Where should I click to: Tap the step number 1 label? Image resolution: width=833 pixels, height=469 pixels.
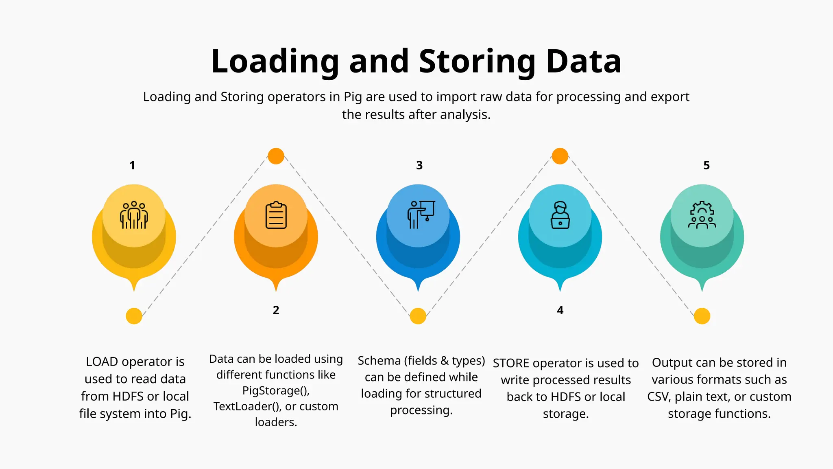[x=132, y=165]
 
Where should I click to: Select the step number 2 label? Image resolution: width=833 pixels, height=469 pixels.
[x=276, y=310]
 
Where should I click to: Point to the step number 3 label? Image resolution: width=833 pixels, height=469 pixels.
[x=419, y=165]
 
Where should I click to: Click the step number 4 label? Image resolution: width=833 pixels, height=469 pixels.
[x=560, y=310]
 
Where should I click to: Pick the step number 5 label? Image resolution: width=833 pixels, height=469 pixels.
[x=707, y=165]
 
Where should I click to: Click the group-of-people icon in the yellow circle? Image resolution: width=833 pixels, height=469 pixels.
[x=134, y=215]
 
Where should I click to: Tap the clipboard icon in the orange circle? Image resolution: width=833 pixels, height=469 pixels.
[x=276, y=215]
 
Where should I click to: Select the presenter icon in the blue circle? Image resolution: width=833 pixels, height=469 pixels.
[x=421, y=214]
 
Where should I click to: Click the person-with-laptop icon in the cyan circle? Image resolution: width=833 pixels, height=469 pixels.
[x=560, y=215]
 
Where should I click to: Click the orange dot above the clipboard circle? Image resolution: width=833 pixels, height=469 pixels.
[x=276, y=156]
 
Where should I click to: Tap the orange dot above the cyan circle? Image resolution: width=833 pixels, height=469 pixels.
[x=560, y=156]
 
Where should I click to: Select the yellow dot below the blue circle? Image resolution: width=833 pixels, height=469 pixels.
[x=418, y=316]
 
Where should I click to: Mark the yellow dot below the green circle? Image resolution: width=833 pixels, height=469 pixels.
[x=702, y=316]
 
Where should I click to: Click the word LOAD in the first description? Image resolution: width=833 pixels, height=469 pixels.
[x=102, y=362]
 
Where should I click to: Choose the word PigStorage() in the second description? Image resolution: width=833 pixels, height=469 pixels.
[x=276, y=390]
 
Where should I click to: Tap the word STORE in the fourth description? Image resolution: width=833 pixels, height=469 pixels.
[x=511, y=363]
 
